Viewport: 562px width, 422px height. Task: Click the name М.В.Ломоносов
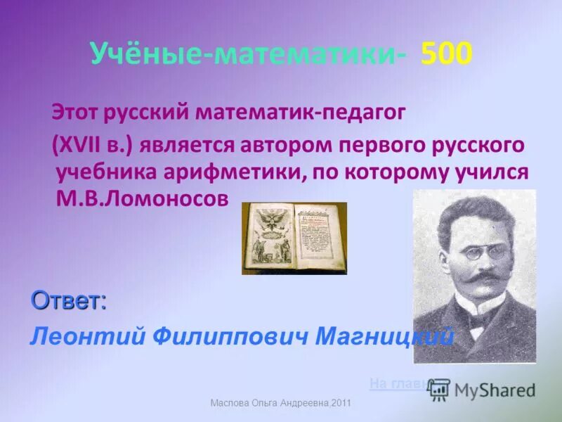(142, 198)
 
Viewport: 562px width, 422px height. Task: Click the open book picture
(294, 238)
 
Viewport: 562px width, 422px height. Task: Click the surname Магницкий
(384, 337)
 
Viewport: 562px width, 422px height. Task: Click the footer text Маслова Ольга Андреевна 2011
(280, 402)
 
